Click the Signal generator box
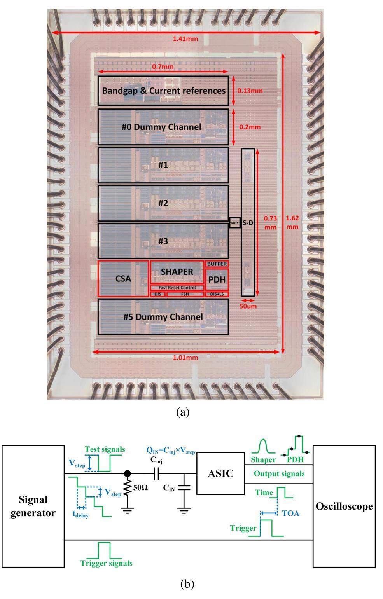33,506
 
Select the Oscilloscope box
344,506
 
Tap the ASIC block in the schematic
220,473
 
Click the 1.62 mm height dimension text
292,222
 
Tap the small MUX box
234,222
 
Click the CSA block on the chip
123,279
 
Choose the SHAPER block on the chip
177,272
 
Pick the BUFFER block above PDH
217,264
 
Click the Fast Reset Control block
177,288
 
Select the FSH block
185,294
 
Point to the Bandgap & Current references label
164,91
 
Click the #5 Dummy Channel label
163,317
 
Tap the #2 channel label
163,203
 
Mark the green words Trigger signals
106,563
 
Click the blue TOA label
291,513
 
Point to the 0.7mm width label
163,66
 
